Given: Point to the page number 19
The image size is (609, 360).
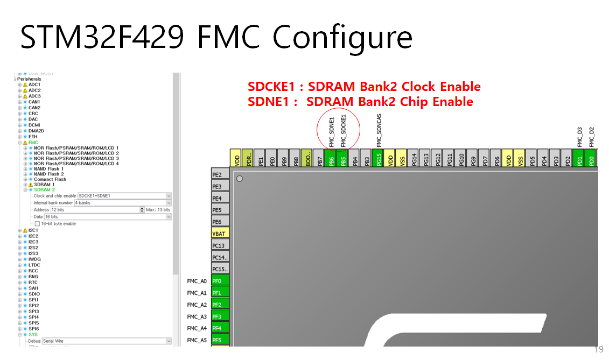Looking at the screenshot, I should pos(599,349).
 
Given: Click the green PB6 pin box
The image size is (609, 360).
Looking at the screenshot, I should pos(332,159).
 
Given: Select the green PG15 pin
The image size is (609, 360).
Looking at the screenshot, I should pos(379,159).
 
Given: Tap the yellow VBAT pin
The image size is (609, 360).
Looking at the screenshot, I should pos(220,234).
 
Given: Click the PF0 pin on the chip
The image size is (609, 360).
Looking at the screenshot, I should pos(220,281).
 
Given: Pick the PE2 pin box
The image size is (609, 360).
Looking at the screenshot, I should pos(220,174).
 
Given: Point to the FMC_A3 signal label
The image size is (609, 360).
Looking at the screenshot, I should pos(197,316).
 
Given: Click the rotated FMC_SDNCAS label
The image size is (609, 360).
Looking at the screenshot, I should pos(379,130).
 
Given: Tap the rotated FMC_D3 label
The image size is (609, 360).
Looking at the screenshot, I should pos(580,137).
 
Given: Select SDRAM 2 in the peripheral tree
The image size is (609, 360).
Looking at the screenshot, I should pos(45,190).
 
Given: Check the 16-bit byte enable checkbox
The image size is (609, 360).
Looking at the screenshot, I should pos(37,223).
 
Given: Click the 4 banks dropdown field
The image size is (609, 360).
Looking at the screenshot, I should pos(123,203).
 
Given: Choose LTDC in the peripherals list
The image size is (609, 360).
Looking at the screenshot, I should pos(34,265).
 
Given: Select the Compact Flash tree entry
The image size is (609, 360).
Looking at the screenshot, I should pos(50,179).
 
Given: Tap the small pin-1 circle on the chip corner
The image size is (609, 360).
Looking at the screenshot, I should pos(239,178).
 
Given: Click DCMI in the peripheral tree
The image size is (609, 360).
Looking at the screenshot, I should pos(34,125).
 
